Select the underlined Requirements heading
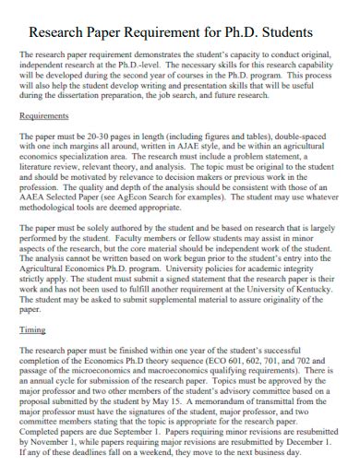coord(43,116)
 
